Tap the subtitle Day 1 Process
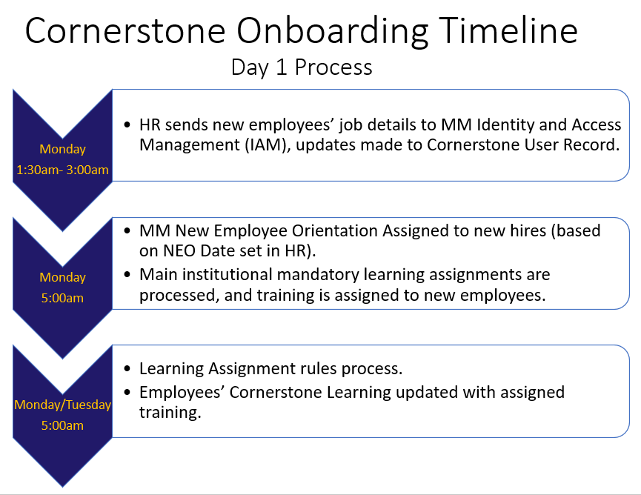point(302,67)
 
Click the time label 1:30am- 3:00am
point(62,170)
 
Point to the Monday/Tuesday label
point(62,405)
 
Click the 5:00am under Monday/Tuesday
point(62,425)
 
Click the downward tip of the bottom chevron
point(62,487)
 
